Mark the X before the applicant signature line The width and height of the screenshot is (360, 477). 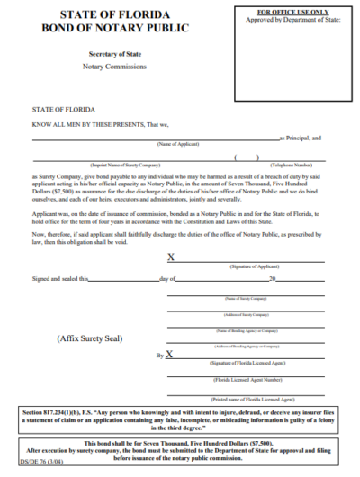coord(171,257)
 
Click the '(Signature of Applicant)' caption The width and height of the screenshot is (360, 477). coord(254,269)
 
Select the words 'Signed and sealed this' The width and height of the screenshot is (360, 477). coord(61,279)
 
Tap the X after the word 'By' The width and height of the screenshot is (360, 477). coord(171,355)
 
